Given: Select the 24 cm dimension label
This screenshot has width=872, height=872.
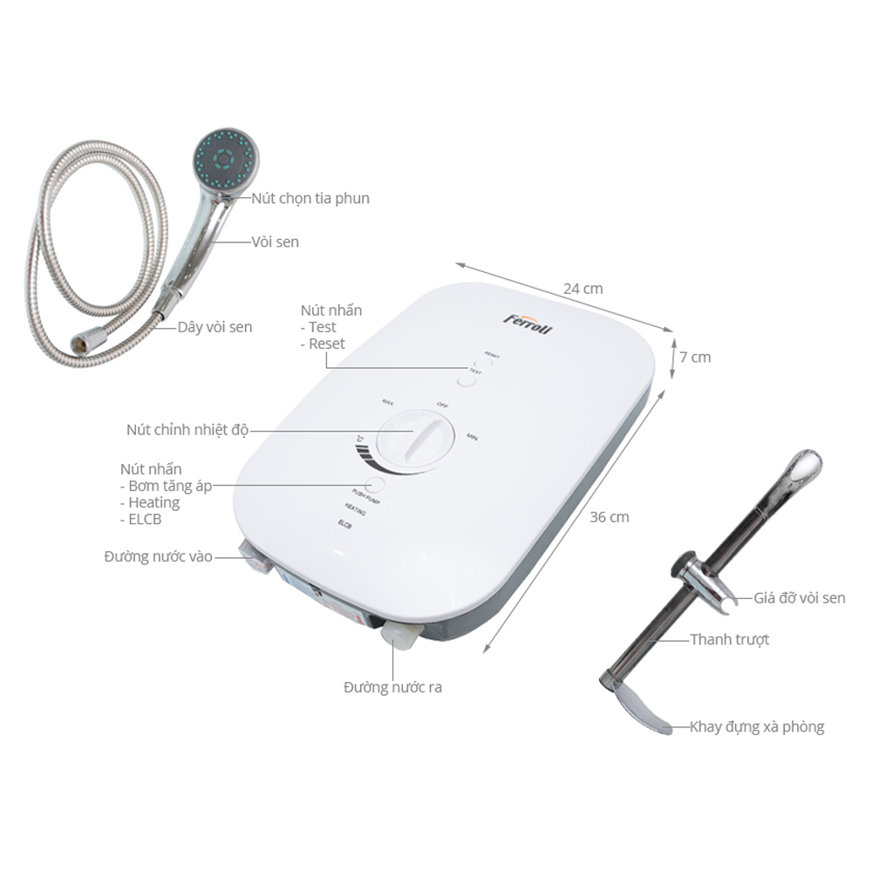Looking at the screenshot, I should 583,288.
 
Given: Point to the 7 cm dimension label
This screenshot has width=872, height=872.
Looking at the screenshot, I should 695,357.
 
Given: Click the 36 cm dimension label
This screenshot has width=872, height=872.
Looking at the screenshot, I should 609,516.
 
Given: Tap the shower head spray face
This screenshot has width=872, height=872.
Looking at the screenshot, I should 225,160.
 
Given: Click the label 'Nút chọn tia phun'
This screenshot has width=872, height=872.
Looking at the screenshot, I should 310,198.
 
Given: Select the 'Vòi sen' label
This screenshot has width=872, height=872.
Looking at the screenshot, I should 275,242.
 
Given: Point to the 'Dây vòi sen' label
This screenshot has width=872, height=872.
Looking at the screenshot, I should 215,327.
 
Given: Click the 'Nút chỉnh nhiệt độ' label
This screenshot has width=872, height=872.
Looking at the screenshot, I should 187,429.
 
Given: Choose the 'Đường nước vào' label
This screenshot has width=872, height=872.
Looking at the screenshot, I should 158,556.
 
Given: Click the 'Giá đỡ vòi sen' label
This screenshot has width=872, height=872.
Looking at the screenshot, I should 800,598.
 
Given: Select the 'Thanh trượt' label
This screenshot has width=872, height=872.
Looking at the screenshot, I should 729,640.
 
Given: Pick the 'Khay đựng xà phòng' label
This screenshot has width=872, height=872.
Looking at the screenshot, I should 756,726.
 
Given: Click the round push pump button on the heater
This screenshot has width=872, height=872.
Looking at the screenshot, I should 377,486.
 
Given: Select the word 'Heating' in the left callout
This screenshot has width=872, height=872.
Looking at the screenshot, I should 153,502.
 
